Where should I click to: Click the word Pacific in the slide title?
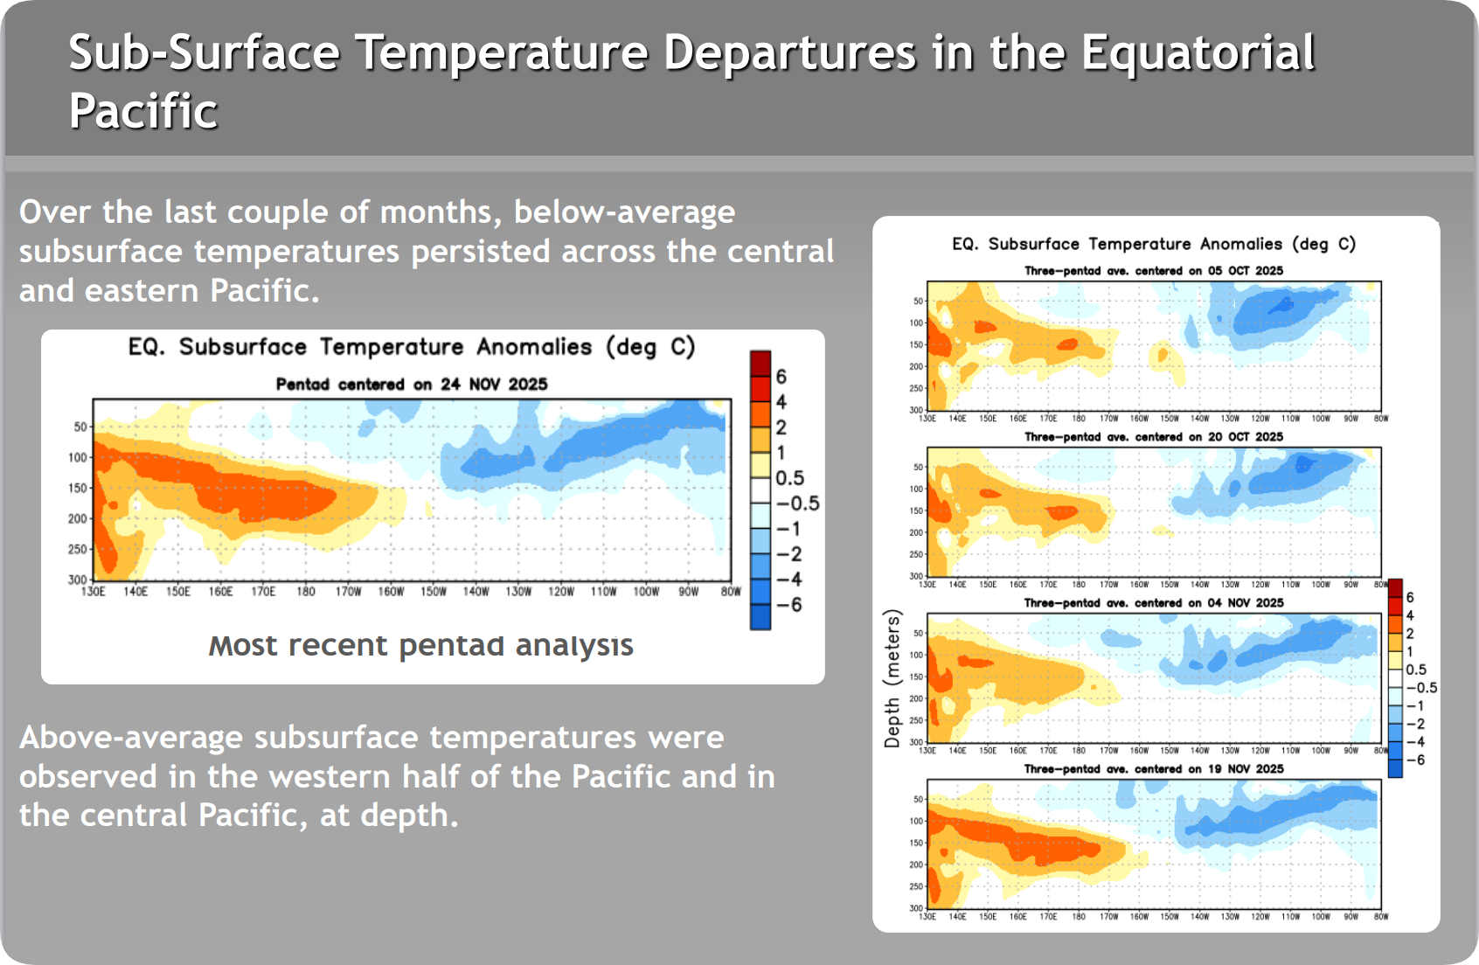tap(143, 111)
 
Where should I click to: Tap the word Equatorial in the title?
tap(1198, 52)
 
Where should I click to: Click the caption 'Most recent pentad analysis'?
tap(420, 645)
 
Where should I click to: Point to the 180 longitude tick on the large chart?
tap(306, 592)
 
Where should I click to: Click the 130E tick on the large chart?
tap(94, 592)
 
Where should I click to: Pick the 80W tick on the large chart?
tap(731, 592)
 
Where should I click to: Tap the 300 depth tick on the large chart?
tap(78, 580)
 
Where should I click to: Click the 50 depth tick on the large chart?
tap(80, 427)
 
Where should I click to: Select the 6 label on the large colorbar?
tap(781, 377)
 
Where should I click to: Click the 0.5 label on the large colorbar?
tap(789, 478)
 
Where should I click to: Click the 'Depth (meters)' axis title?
tap(892, 679)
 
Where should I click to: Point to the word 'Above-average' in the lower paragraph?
tap(131, 738)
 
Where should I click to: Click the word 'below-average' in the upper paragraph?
tap(624, 212)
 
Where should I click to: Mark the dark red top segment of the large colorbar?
tap(760, 363)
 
